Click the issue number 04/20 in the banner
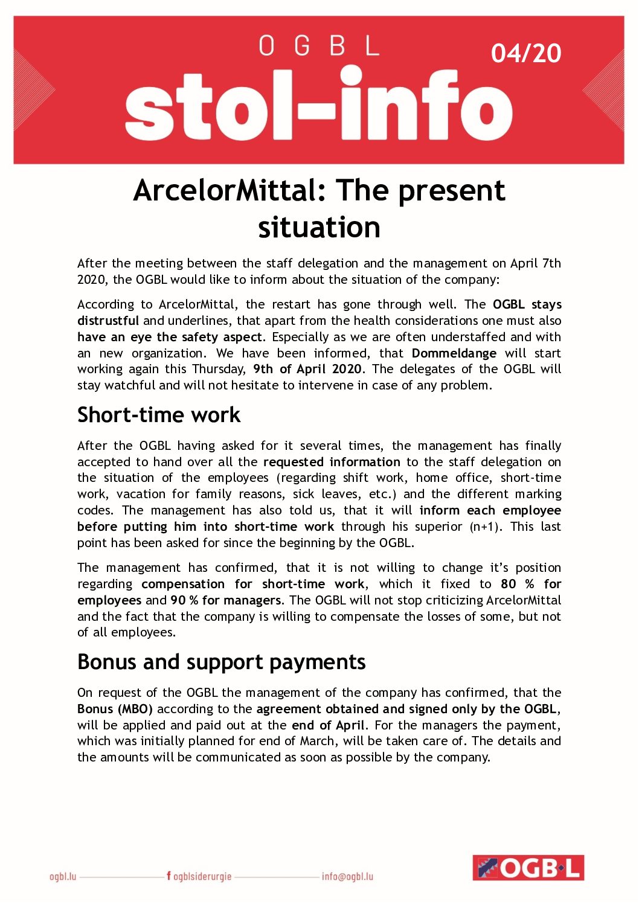point(525,53)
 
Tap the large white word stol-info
point(318,106)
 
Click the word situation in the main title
point(319,227)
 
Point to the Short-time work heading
point(159,415)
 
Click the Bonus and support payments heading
point(221,662)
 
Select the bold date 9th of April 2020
point(307,369)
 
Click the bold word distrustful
point(108,321)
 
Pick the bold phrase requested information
point(332,462)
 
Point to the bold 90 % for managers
point(226,600)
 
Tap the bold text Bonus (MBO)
point(115,709)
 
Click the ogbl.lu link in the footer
point(63,876)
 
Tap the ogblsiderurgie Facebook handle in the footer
point(199,876)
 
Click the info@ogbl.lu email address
point(347,876)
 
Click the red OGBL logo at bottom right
point(528,868)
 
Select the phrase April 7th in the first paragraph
point(536,263)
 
